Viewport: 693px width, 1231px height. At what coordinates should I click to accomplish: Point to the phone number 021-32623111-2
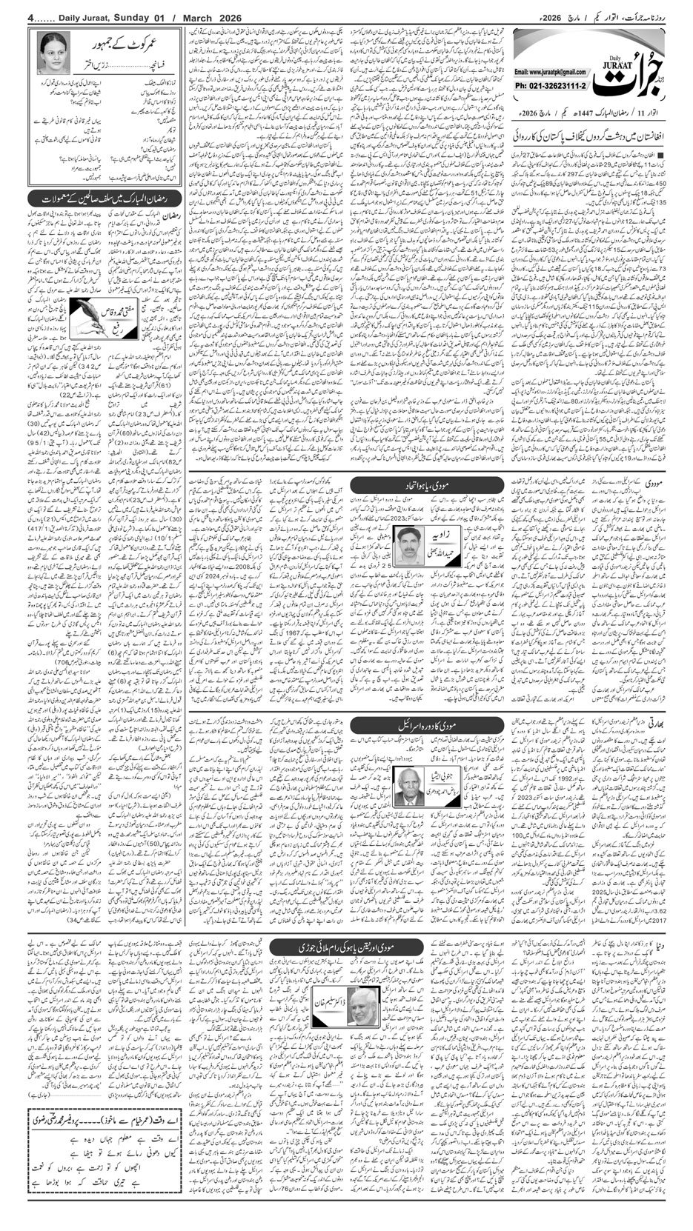(548, 86)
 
